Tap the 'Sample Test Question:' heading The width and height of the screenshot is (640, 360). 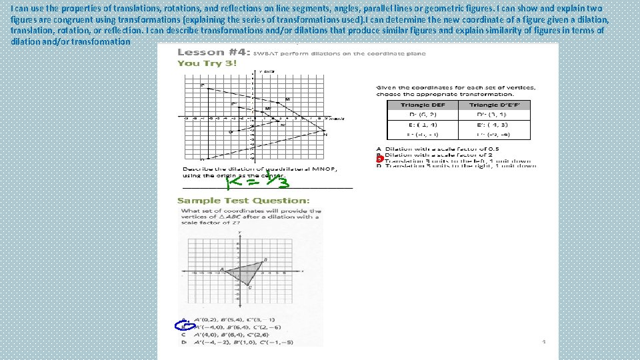(243, 200)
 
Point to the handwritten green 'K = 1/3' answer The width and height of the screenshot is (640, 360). (254, 183)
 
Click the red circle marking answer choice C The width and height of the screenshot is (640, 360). (379, 159)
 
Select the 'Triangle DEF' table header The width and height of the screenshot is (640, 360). (422, 105)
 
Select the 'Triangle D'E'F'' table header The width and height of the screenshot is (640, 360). (495, 105)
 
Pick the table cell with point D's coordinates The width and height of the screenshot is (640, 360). (422, 115)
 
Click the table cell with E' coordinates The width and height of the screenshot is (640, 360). (495, 125)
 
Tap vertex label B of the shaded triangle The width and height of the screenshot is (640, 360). (265, 259)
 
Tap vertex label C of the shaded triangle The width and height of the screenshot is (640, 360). (250, 288)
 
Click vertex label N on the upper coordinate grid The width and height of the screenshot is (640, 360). (325, 135)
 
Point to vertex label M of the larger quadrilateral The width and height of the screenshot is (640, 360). (288, 99)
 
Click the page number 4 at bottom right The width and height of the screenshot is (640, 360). (544, 341)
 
